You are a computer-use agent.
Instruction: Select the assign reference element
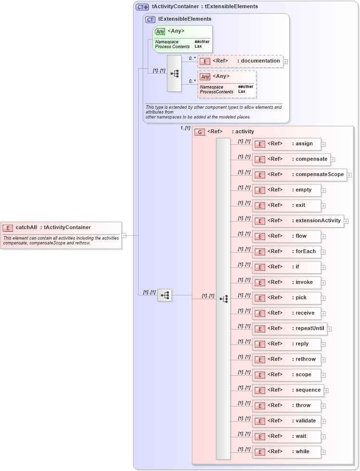(286, 144)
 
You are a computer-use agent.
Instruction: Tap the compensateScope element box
(299, 175)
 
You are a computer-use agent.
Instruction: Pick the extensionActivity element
(298, 221)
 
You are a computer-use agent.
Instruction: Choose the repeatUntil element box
(290, 329)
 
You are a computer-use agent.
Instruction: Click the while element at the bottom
(286, 452)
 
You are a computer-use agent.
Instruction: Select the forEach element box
(286, 252)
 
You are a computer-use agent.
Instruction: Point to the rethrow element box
(286, 359)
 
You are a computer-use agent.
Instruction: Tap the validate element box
(286, 421)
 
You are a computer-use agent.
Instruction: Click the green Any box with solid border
(182, 39)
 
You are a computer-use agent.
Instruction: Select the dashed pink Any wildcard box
(227, 84)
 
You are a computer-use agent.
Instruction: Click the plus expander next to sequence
(326, 390)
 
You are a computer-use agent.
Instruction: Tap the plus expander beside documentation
(285, 61)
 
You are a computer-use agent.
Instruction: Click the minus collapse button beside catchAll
(124, 235)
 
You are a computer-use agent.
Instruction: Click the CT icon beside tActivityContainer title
(142, 7)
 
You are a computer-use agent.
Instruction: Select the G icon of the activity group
(200, 132)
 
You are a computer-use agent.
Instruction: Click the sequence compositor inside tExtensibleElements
(174, 74)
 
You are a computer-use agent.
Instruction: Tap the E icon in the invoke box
(260, 282)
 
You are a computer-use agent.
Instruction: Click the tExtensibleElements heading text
(185, 19)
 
